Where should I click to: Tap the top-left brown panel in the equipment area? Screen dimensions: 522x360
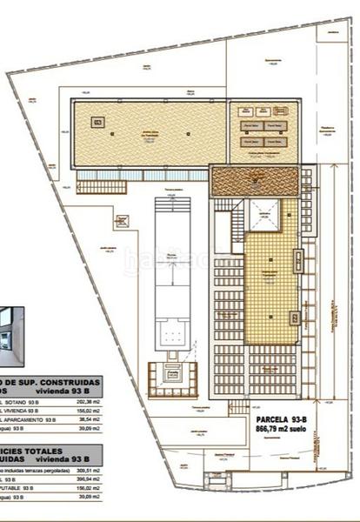point(246,110)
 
